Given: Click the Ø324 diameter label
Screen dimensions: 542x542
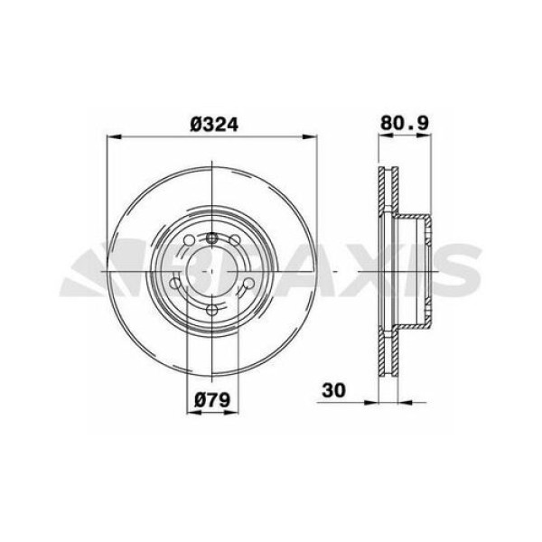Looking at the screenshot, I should coord(213,126).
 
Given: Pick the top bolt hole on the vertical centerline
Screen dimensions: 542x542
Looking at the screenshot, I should coord(211,237).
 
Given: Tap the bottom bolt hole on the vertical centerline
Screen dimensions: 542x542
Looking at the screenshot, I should coord(211,311).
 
